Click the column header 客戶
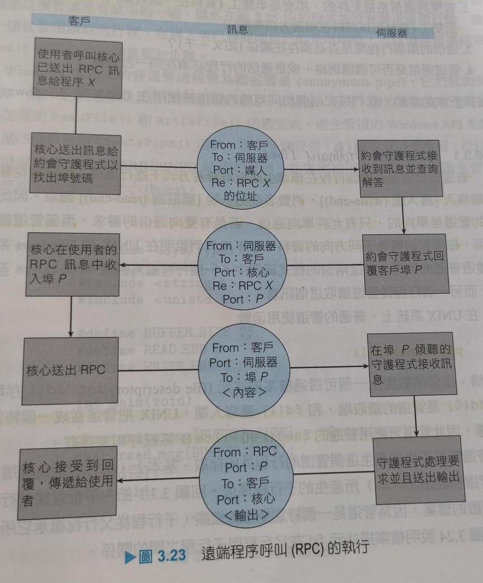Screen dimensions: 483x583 pyautogui.click(x=79, y=21)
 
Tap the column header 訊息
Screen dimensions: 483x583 pyautogui.click(x=238, y=30)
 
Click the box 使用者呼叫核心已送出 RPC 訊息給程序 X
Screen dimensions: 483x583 pyautogui.click(x=78, y=68)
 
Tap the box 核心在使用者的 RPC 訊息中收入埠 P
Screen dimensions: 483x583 pyautogui.click(x=72, y=265)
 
